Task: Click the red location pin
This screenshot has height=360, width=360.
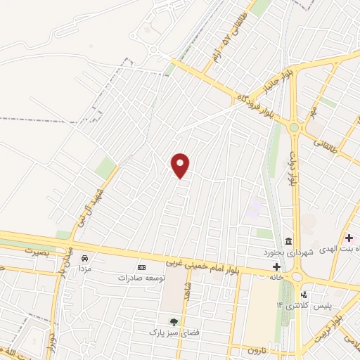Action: [181, 165]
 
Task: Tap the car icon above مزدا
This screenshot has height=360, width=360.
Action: [85, 258]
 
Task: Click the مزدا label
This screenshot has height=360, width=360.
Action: [84, 269]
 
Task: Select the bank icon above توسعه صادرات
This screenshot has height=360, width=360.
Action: [141, 267]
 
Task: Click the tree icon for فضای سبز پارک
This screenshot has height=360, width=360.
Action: [174, 321]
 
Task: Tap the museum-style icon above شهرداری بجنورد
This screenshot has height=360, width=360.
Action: [289, 241]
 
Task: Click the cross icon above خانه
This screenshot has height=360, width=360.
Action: [276, 267]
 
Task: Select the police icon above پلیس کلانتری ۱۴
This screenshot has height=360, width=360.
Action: [304, 295]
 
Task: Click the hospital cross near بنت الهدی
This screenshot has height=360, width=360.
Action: [349, 240]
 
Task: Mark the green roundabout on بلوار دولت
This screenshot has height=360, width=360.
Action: [294, 128]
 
